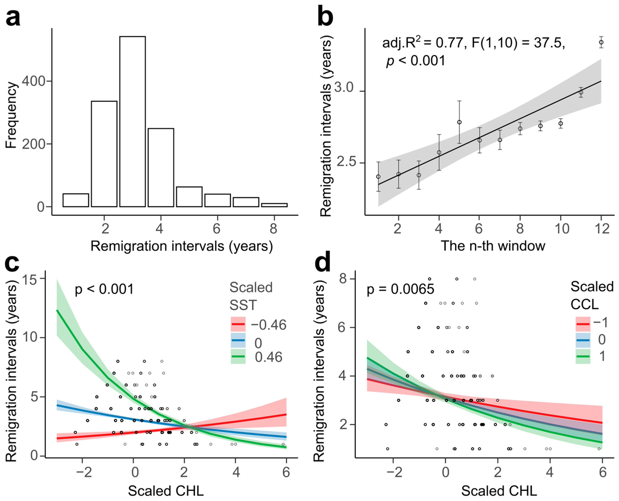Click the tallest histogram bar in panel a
point(132,121)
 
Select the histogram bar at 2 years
point(104,154)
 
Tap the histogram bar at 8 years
point(274,205)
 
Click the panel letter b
point(325,17)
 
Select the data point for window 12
point(601,42)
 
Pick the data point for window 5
point(459,122)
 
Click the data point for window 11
point(581,92)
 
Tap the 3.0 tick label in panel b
point(344,87)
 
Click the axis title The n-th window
point(493,246)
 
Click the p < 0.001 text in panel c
point(104,289)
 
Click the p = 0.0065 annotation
point(400,289)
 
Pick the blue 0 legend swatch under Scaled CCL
point(583,340)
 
